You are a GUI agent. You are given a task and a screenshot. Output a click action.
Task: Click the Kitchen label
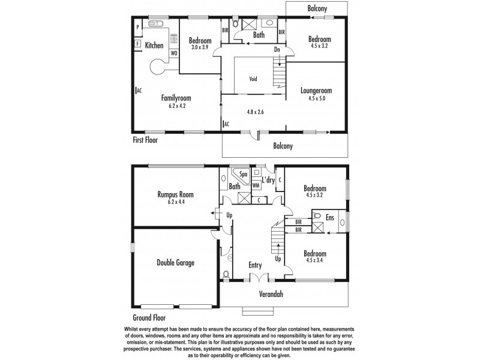pyautogui.click(x=154, y=45)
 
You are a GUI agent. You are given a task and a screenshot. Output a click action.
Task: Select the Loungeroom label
pyautogui.click(x=316, y=91)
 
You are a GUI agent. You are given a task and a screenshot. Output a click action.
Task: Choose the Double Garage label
pyautogui.click(x=175, y=262)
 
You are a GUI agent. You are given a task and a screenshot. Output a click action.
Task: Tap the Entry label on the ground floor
pyautogui.click(x=256, y=265)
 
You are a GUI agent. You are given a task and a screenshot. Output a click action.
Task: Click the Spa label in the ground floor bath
pyautogui.click(x=244, y=175)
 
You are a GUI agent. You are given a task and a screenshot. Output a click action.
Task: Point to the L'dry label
pyautogui.click(x=268, y=179)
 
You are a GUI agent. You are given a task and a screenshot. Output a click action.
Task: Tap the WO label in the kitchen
pyautogui.click(x=173, y=53)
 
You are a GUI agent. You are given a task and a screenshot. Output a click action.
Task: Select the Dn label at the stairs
pyautogui.click(x=277, y=50)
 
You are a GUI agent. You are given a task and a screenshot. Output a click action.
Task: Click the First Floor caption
pyautogui.click(x=149, y=140)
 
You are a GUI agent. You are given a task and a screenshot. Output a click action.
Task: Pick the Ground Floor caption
pyautogui.click(x=149, y=318)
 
